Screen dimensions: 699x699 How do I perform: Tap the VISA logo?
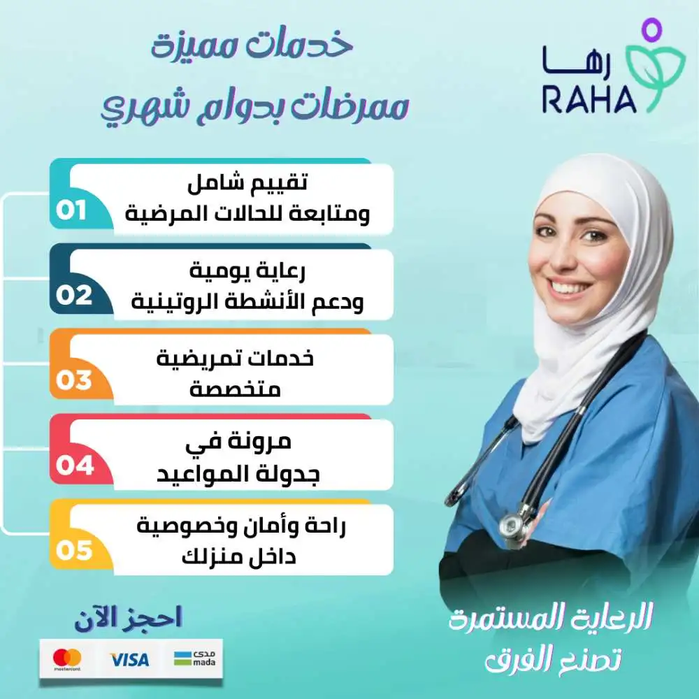coord(129,659)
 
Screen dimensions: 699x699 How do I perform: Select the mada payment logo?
coord(194,658)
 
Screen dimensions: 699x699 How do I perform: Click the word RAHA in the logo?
coord(589,100)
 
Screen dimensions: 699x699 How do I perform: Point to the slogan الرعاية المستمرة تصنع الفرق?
coord(552,636)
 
